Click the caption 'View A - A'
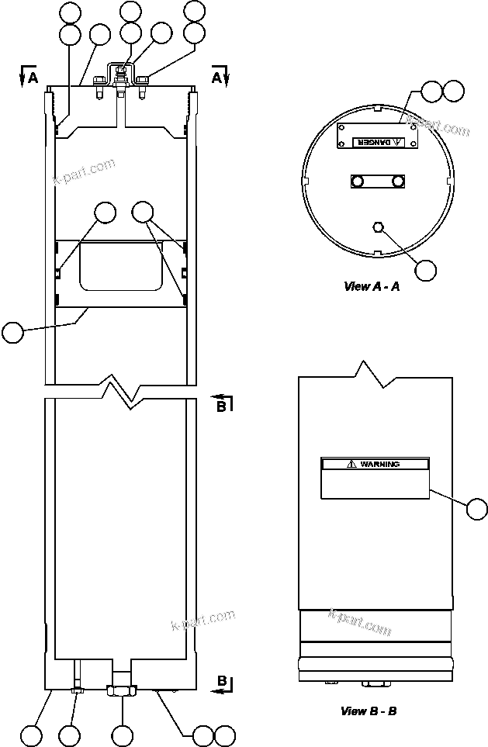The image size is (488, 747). click(372, 286)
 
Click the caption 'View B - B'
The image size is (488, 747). click(369, 710)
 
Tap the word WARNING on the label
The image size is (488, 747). click(379, 464)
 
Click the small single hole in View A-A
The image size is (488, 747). click(378, 227)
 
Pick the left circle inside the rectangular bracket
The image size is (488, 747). click(358, 182)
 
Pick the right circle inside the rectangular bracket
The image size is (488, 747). click(397, 182)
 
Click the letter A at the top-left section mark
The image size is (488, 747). click(33, 78)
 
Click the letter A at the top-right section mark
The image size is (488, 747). click(216, 78)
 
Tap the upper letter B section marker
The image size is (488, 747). click(220, 404)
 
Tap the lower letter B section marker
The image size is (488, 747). click(220, 681)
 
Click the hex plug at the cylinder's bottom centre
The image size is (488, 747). click(121, 690)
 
